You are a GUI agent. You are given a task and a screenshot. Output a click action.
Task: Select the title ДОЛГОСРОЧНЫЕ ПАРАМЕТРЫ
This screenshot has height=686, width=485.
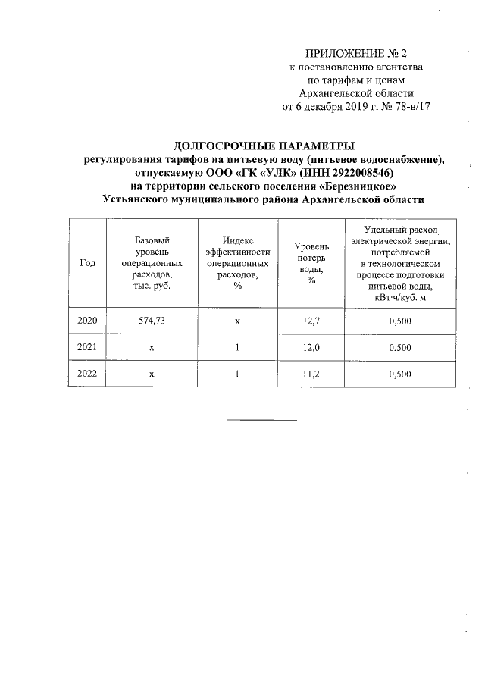click(264, 146)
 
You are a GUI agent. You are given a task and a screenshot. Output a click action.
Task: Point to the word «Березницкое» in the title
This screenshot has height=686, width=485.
click(361, 186)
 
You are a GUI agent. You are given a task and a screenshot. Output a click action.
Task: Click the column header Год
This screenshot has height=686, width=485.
click(87, 262)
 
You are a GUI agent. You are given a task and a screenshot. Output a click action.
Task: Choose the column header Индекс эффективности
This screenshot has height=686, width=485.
click(237, 262)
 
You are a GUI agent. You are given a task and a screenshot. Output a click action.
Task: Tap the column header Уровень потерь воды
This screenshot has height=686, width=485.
click(311, 263)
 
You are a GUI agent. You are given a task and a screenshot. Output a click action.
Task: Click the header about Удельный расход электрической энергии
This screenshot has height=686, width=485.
click(399, 262)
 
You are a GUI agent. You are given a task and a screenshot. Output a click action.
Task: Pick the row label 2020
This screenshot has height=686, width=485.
click(87, 321)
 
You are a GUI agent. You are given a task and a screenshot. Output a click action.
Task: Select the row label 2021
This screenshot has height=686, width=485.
click(87, 348)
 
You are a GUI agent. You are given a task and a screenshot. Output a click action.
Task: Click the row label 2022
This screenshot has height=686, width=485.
click(87, 374)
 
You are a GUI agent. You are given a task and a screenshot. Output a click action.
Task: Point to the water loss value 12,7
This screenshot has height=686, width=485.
click(311, 321)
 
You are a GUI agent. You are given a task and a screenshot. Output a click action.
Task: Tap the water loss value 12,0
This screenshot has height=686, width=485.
click(311, 348)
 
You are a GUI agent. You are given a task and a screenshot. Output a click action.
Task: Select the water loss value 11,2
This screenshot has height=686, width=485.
click(311, 374)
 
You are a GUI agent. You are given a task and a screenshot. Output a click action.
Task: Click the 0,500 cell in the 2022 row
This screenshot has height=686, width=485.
click(399, 374)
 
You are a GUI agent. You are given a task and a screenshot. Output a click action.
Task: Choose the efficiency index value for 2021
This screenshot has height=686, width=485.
click(237, 348)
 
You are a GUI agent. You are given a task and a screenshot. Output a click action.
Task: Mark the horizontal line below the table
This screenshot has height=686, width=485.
click(262, 420)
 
